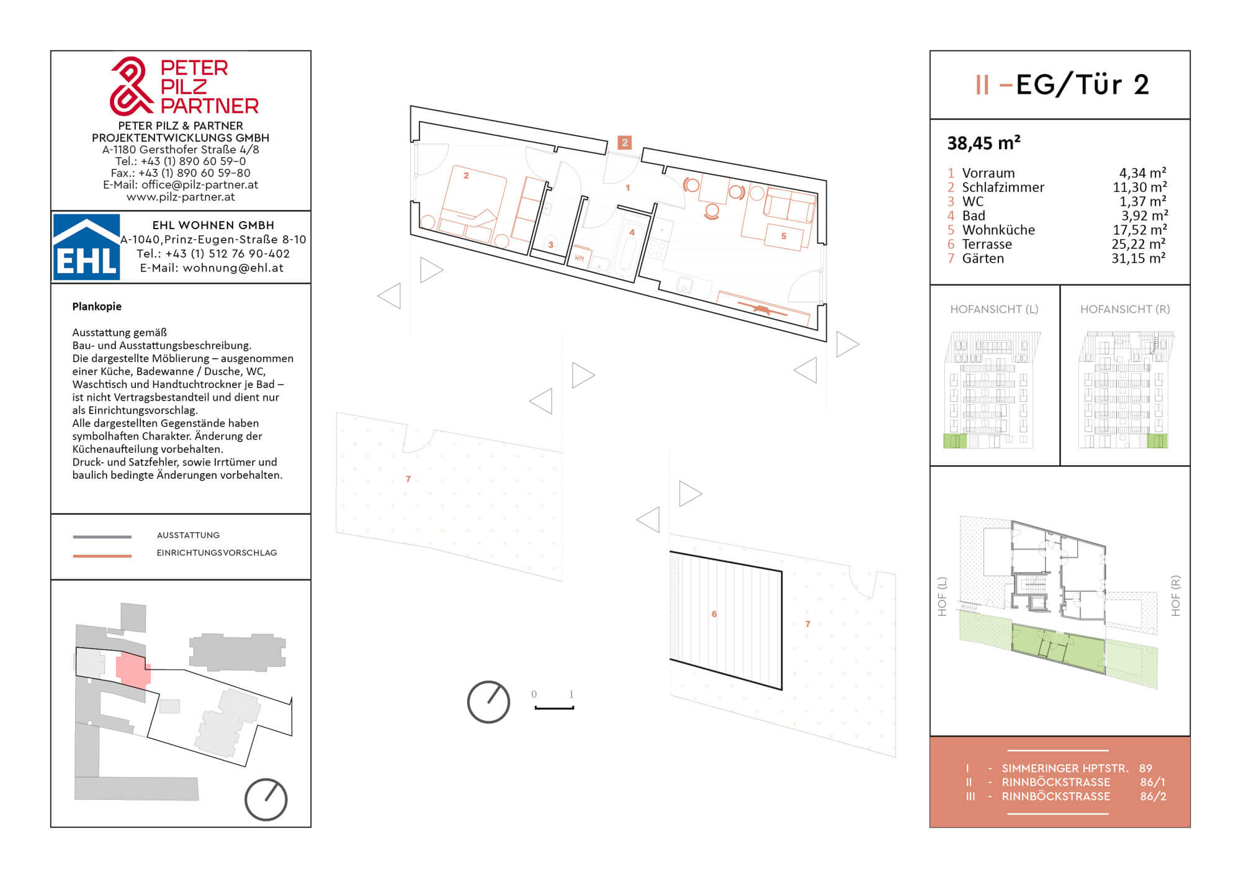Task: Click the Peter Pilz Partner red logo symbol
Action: click(131, 86)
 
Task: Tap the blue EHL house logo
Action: click(86, 247)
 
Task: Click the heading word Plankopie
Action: click(97, 306)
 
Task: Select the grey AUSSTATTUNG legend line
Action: click(102, 536)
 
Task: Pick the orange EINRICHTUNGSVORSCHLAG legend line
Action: click(102, 556)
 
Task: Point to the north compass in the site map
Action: click(266, 800)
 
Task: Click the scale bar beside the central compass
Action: click(554, 707)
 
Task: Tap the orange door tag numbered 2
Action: click(625, 142)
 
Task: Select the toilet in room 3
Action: click(550, 244)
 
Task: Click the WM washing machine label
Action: click(579, 258)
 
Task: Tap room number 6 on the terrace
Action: click(714, 614)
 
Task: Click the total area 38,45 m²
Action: click(983, 143)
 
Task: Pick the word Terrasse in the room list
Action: click(987, 244)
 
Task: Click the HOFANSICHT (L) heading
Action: click(994, 309)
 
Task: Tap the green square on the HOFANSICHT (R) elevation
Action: click(1157, 441)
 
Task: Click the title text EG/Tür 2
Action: click(1082, 84)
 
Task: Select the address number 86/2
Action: click(1153, 796)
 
